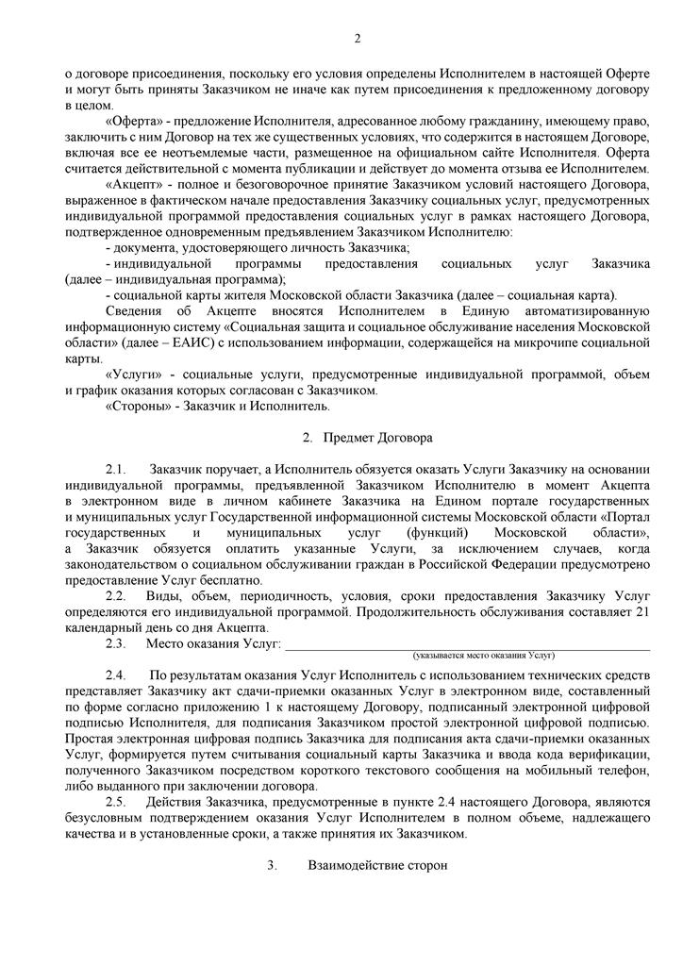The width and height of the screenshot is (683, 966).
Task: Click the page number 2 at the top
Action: [x=357, y=39]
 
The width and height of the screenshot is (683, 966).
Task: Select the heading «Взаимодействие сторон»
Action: [x=376, y=865]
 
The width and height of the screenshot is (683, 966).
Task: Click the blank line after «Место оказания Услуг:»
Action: [x=467, y=644]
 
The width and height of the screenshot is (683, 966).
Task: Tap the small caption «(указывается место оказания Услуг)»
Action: [x=484, y=655]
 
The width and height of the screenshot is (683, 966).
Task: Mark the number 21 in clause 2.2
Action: [x=642, y=612]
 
